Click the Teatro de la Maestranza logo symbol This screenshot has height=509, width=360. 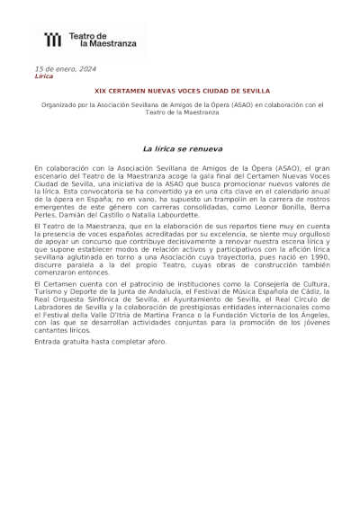pyautogui.click(x=53, y=39)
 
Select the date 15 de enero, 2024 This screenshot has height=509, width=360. pyautogui.click(x=64, y=69)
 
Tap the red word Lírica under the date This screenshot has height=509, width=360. pyautogui.click(x=43, y=76)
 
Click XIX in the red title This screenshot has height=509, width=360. pyautogui.click(x=101, y=91)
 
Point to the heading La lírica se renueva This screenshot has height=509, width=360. pyautogui.click(x=183, y=147)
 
